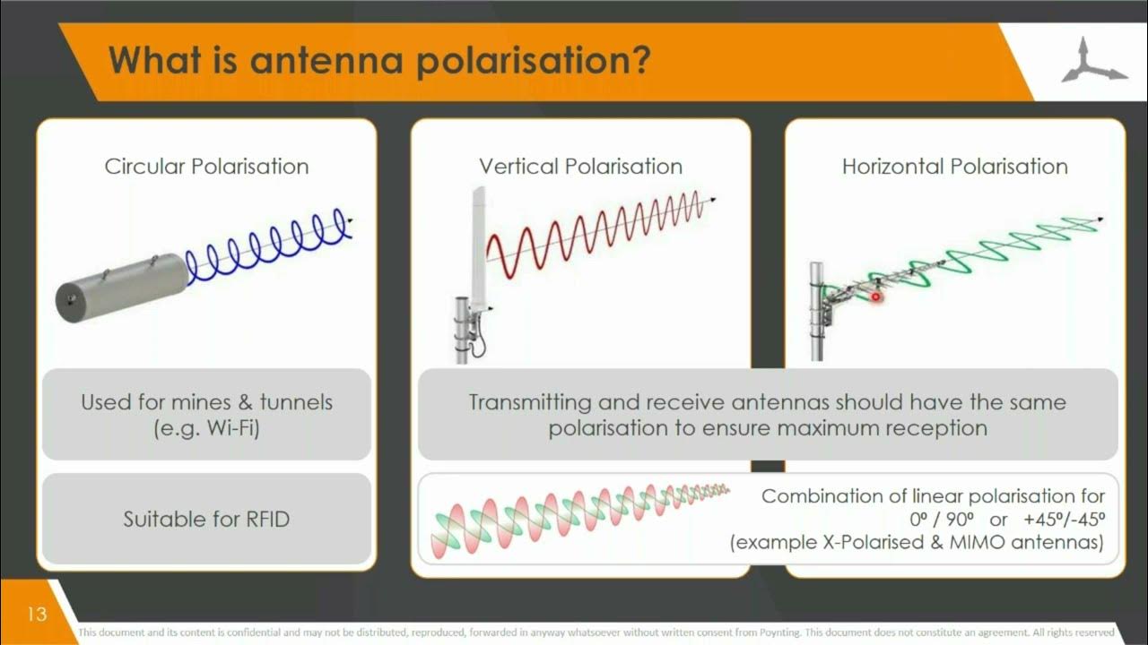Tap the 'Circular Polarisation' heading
coord(206,167)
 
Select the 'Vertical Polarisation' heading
coord(580,167)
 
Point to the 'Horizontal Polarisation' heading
coord(954,167)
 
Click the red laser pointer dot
coord(876,297)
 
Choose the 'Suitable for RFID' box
coord(206,519)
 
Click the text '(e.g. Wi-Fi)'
coord(206,428)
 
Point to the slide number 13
coord(37,615)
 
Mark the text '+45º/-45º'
coord(1063,520)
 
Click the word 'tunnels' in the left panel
coord(296,402)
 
